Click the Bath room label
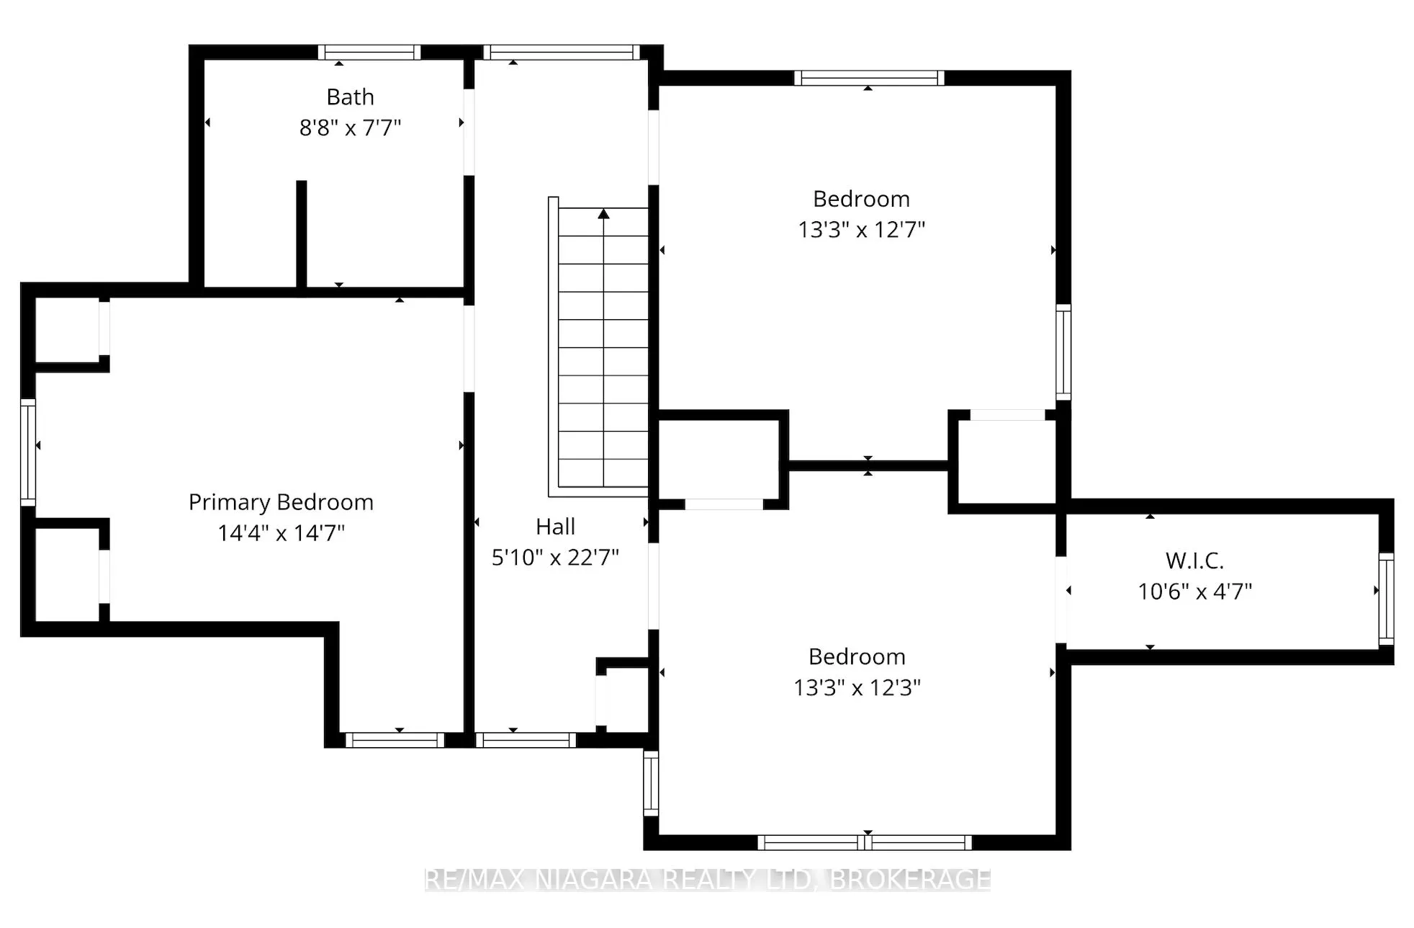pyautogui.click(x=350, y=97)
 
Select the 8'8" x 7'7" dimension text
pyautogui.click(x=350, y=128)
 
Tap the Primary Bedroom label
pyautogui.click(x=281, y=502)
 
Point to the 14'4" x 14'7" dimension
pyautogui.click(x=281, y=533)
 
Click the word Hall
pyautogui.click(x=555, y=527)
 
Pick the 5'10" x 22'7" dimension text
pyautogui.click(x=555, y=557)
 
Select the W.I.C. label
pyautogui.click(x=1194, y=561)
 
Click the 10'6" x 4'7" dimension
pyautogui.click(x=1194, y=592)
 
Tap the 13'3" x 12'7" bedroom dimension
pyautogui.click(x=861, y=230)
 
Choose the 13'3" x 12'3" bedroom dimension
pyautogui.click(x=857, y=687)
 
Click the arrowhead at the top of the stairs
pyautogui.click(x=603, y=213)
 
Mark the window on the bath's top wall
pyautogui.click(x=369, y=52)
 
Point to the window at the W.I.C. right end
pyautogui.click(x=1386, y=599)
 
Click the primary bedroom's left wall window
pyautogui.click(x=28, y=452)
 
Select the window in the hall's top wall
pyautogui.click(x=562, y=52)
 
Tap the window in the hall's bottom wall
pyautogui.click(x=526, y=740)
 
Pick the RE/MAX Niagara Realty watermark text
pyautogui.click(x=708, y=880)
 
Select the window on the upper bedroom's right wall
pyautogui.click(x=1063, y=352)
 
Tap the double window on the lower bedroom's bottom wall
pyautogui.click(x=865, y=842)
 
